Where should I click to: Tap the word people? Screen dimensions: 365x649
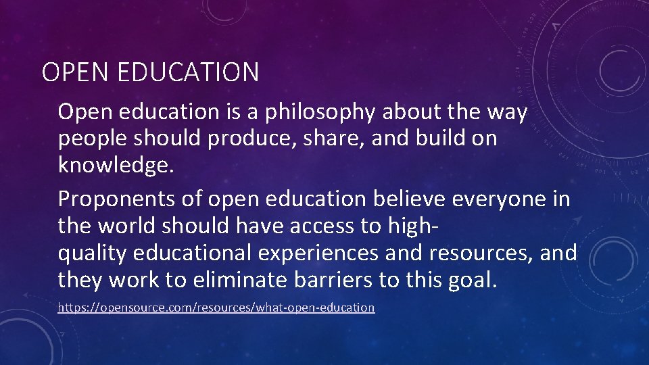pos(94,139)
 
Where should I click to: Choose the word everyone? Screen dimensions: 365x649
pos(503,200)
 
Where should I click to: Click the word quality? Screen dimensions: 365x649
pos(93,253)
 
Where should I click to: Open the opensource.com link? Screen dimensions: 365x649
pos(216,308)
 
